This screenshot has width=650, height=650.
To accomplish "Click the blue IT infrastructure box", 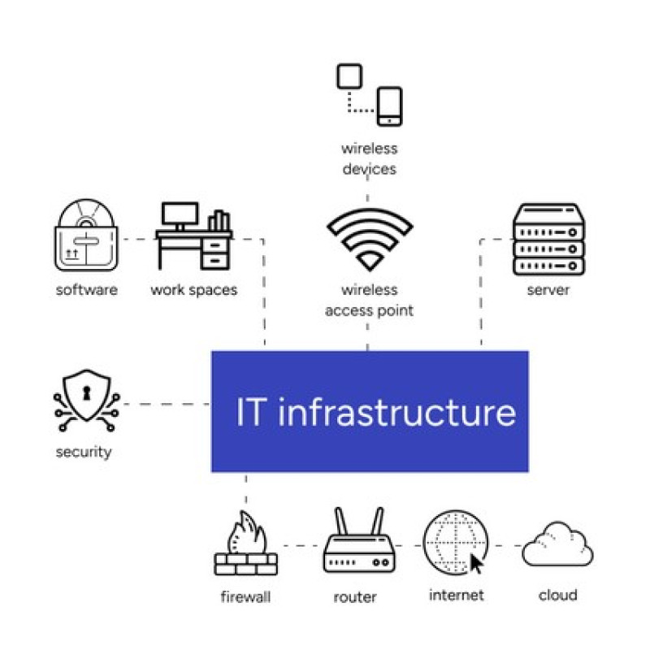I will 370,411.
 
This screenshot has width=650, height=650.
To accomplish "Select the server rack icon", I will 549,239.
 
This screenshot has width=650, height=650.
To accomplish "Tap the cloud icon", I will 557,544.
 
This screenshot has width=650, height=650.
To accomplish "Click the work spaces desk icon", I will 193,236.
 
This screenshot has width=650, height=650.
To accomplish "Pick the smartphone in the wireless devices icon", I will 390,106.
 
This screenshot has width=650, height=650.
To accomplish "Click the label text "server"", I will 548,289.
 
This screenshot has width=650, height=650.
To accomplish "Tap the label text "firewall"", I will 245,597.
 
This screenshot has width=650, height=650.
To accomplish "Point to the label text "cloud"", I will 557,595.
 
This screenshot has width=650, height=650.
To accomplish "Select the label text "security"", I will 83,452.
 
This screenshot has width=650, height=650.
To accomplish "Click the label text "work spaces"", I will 193,289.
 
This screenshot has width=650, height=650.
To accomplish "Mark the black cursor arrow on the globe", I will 477,563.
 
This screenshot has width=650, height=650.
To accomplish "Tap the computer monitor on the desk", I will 180,214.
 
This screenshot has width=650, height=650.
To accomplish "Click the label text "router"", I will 355,597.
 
